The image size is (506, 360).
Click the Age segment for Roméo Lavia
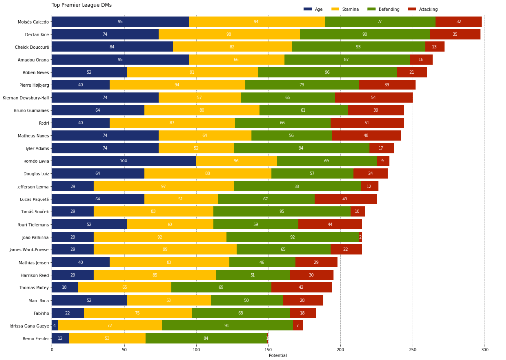[124, 161]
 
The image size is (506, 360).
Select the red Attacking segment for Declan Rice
[455, 34]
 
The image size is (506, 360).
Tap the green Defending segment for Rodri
[282, 123]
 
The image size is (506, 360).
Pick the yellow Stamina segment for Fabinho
[137, 313]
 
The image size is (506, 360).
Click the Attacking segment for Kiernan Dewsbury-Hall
[373, 98]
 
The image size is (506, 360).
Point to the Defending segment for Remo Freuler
[206, 338]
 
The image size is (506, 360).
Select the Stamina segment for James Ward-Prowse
[165, 250]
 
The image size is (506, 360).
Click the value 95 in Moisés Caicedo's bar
[120, 22]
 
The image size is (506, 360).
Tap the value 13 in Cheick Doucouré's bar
[434, 47]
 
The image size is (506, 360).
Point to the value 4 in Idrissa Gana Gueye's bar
[54, 326]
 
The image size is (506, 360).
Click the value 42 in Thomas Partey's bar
[301, 288]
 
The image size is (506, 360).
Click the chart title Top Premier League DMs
[82, 5]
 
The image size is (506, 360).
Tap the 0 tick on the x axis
[52, 350]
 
